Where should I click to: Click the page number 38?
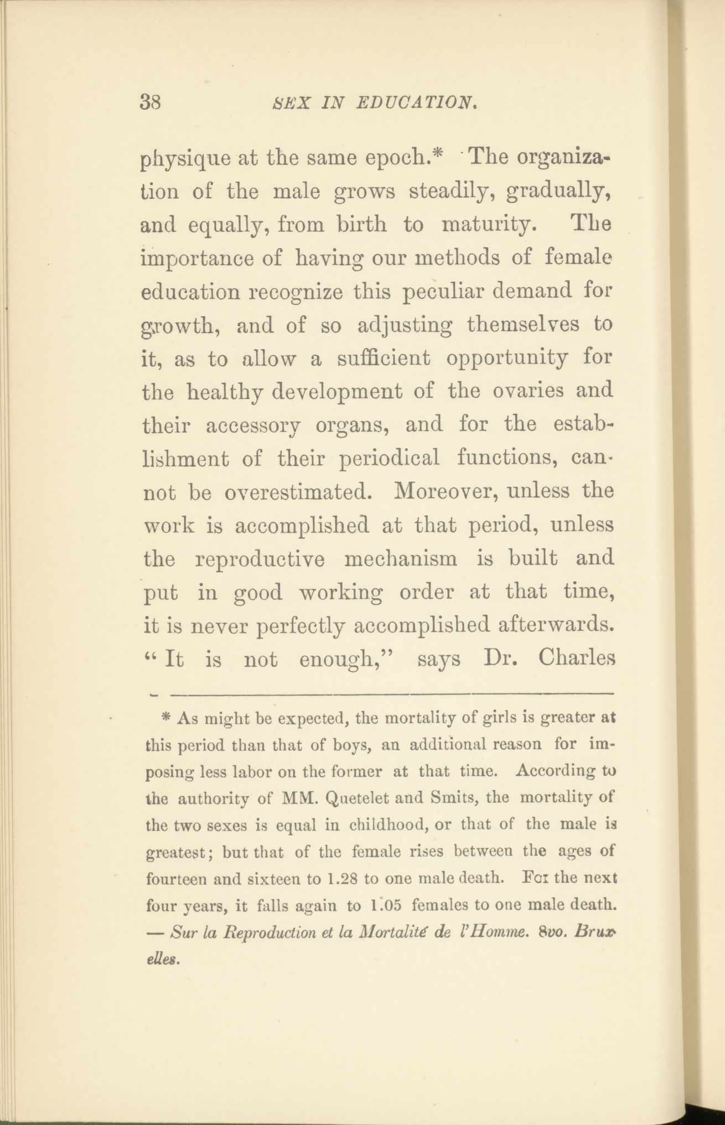[151, 102]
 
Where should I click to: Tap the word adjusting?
[405, 325]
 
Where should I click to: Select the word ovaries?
[530, 391]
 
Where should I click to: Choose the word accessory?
[253, 426]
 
